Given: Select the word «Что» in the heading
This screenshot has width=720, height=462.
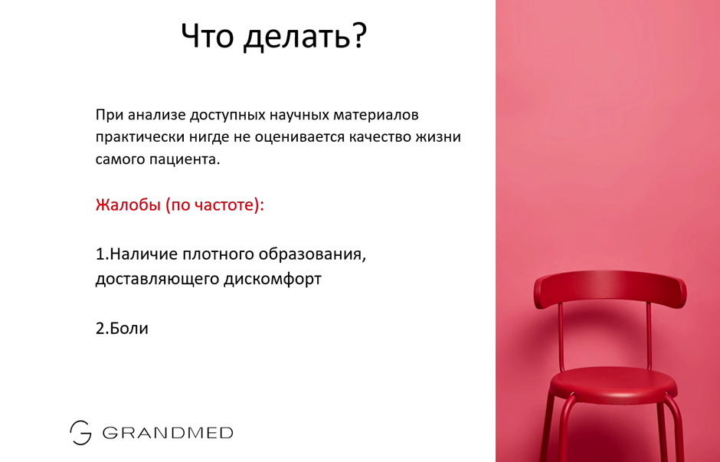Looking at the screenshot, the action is [207, 35].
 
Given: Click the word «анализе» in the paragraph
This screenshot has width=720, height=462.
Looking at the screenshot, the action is [156, 115].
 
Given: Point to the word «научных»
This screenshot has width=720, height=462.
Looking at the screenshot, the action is [299, 115].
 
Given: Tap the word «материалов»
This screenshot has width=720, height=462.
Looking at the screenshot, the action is [375, 115].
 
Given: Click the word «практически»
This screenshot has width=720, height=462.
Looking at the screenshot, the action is [139, 137].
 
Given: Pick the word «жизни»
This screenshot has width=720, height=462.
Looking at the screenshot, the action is [438, 137].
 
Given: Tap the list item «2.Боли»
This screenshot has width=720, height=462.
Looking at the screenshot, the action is [122, 328].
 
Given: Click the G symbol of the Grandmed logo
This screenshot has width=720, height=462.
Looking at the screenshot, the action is [80, 433].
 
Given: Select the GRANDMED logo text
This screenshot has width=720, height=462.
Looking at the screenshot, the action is [168, 433].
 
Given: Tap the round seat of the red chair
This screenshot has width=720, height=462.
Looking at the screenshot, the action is [613, 385].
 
